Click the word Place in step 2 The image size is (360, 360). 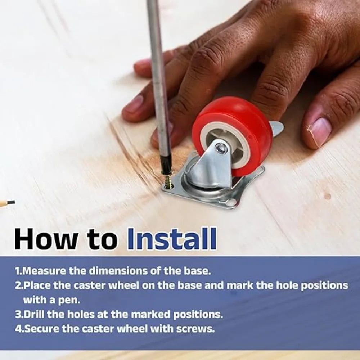(x=37, y=285)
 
